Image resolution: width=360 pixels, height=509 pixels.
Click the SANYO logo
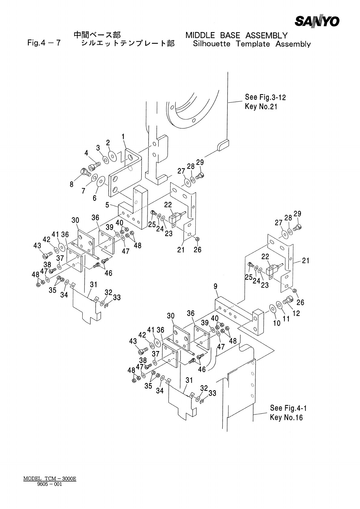(x=317, y=21)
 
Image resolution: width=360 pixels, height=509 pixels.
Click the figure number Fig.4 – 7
(x=44, y=43)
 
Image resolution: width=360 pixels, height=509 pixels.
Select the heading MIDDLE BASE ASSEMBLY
(x=236, y=35)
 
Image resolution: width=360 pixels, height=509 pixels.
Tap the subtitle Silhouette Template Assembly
(x=252, y=44)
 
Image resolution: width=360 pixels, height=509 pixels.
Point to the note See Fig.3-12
(x=265, y=97)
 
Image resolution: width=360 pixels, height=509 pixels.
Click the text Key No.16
(x=286, y=418)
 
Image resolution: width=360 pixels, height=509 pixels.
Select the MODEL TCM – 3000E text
(x=50, y=479)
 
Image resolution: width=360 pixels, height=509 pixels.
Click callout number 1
(x=123, y=137)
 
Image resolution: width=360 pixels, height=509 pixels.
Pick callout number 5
(x=107, y=205)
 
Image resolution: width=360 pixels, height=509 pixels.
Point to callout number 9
(x=215, y=286)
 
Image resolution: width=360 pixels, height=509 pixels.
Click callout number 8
(x=72, y=184)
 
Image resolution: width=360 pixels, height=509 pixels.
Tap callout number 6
(x=94, y=198)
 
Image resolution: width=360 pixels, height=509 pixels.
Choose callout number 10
(x=277, y=323)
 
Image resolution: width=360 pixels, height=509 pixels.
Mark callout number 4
(x=87, y=153)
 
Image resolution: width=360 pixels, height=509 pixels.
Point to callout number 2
(x=108, y=143)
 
